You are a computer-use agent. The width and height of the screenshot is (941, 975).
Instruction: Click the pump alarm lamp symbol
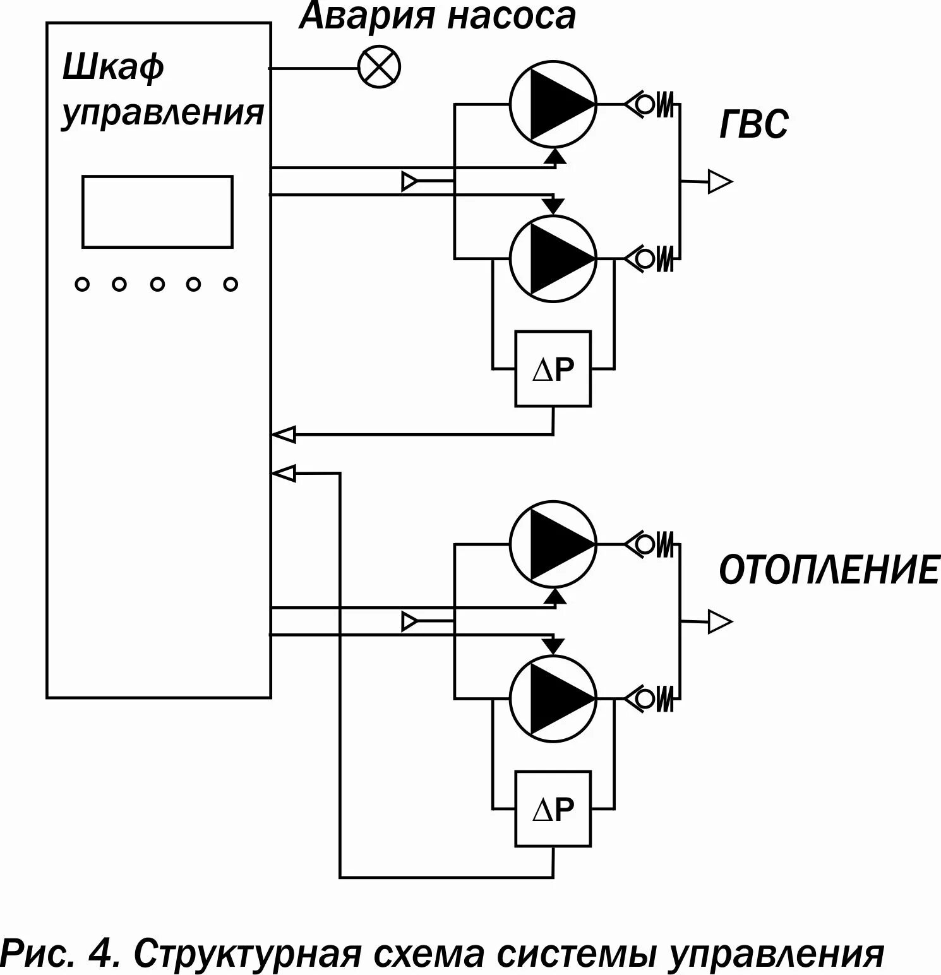[x=380, y=67]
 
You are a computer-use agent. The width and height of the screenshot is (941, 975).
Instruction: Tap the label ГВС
[x=753, y=124]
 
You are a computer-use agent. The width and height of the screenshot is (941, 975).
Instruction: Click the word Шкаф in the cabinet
[x=113, y=67]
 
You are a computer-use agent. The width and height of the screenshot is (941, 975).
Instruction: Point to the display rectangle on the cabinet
[x=157, y=212]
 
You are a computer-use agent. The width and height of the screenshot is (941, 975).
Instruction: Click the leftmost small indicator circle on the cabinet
[x=82, y=285]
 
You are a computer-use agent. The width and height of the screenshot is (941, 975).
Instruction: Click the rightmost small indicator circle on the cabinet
[x=231, y=285]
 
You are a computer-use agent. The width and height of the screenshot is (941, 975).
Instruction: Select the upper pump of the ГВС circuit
[x=553, y=105]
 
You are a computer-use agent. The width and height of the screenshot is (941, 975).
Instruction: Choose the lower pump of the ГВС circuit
[x=553, y=258]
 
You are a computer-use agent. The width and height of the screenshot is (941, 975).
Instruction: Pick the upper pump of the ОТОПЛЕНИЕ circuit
[x=553, y=544]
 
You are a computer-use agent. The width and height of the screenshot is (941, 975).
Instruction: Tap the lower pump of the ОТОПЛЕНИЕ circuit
[x=553, y=698]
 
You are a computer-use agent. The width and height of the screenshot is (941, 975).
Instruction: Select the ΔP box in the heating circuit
[x=553, y=808]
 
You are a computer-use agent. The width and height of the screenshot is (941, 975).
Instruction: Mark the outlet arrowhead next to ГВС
[x=719, y=182]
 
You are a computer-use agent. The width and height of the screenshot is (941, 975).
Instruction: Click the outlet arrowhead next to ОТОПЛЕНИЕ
[x=719, y=622]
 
